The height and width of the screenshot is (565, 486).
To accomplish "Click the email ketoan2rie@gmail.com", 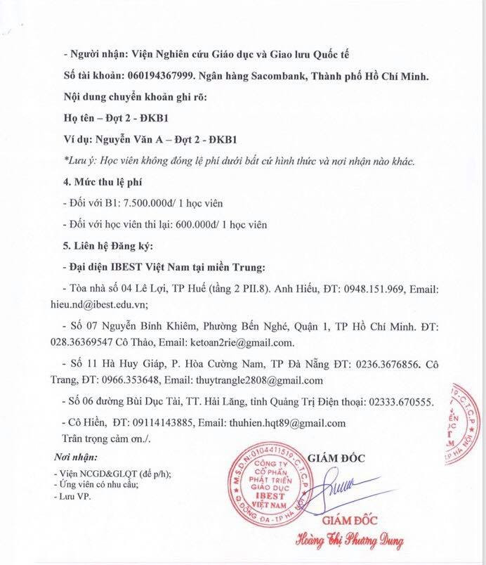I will [x=240, y=344].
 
